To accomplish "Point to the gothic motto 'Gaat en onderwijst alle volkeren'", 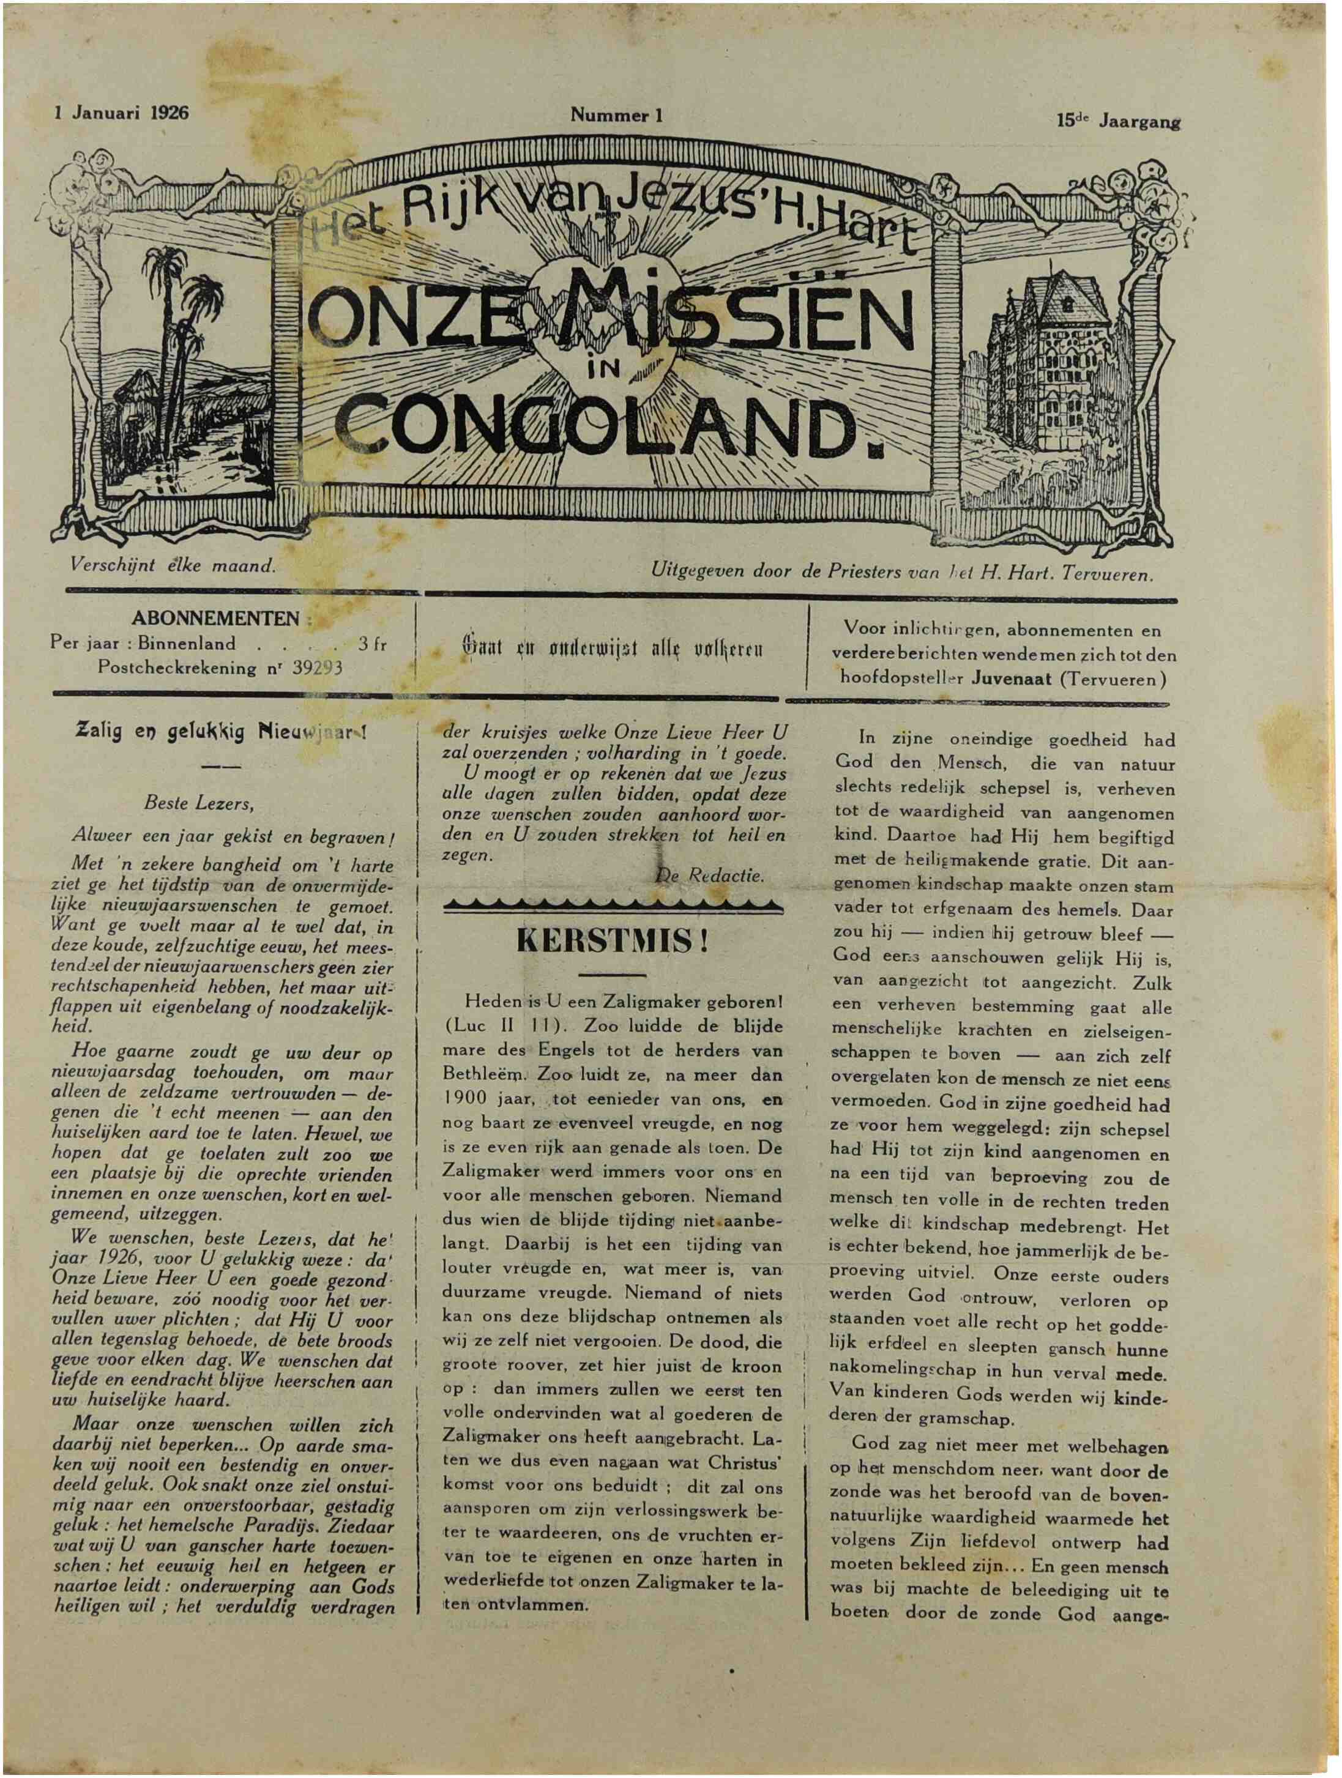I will tap(611, 650).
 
